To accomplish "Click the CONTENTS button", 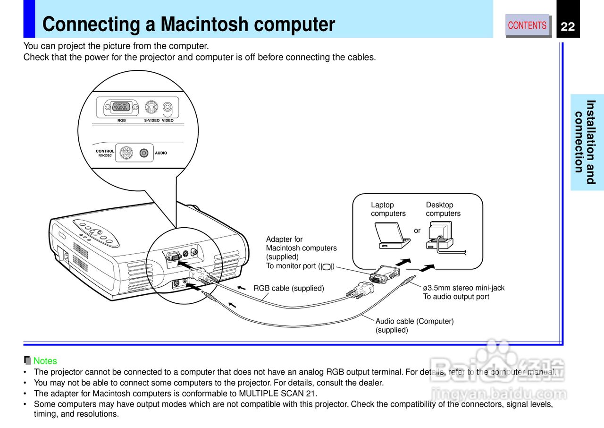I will tap(527, 26).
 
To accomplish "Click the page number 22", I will tap(568, 26).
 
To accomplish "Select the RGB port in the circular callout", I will tap(121, 107).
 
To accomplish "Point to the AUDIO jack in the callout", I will tap(144, 153).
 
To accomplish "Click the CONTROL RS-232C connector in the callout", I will tap(126, 153).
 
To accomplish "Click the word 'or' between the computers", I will tap(417, 231).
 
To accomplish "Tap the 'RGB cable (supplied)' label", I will tap(289, 288).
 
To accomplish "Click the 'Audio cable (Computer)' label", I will tap(414, 321).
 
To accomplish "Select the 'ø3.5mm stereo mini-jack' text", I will tap(463, 288).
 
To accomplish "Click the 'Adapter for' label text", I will tap(284, 240).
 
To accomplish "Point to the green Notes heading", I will tap(45, 361).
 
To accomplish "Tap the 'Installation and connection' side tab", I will tap(586, 142).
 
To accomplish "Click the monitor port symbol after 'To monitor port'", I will tap(327, 266).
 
